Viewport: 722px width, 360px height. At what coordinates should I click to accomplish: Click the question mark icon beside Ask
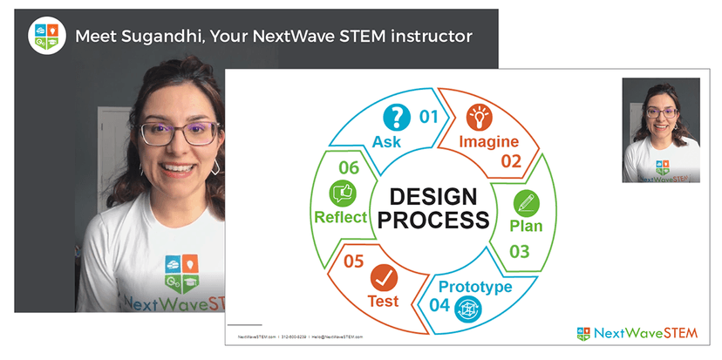(398, 117)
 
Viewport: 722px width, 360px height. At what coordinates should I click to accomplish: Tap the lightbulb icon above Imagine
(479, 116)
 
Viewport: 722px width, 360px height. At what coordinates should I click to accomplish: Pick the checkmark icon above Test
(383, 279)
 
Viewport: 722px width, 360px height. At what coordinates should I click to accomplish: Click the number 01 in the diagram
(430, 115)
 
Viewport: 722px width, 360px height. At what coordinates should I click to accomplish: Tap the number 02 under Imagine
(510, 160)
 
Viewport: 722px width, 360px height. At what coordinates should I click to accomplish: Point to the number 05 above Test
(353, 260)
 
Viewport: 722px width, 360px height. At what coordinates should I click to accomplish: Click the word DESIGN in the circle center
(433, 197)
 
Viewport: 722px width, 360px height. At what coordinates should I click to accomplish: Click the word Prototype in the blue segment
(474, 287)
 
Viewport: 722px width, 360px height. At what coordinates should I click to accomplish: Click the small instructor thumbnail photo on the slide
(660, 130)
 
